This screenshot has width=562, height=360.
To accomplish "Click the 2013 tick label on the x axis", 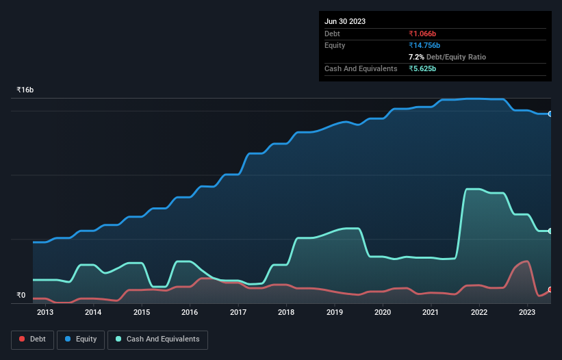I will tap(45, 313).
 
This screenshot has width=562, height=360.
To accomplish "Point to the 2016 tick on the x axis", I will tap(190, 313).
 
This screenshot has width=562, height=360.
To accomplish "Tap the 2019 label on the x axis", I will tap(335, 313).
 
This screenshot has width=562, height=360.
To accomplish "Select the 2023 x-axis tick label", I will tap(527, 313).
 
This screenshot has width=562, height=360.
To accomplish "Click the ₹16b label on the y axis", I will tap(25, 90).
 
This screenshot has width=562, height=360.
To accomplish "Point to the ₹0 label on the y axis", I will tap(21, 296).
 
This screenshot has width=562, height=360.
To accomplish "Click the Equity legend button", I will tap(81, 339).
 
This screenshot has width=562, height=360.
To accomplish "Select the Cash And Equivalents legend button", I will tap(157, 339).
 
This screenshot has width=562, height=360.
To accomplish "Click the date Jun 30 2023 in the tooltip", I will tap(345, 21).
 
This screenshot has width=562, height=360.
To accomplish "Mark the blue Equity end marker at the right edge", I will tap(550, 114).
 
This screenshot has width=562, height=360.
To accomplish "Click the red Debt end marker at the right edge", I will tap(550, 290).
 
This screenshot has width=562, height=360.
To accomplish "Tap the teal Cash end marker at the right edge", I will tap(550, 231).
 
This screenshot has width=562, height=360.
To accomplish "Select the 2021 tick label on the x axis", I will tap(431, 313).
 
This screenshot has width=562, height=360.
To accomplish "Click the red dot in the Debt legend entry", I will tap(23, 339).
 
